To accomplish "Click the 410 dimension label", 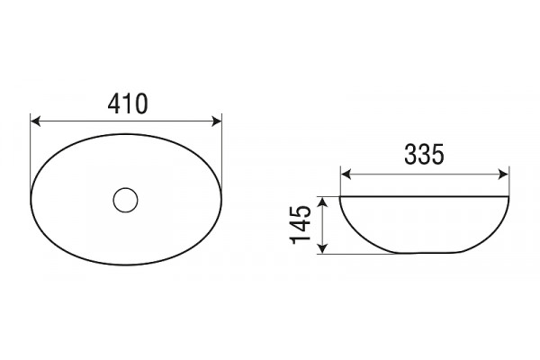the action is [x=128, y=103].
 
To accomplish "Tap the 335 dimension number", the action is [x=424, y=154].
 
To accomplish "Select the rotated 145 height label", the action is [x=301, y=225].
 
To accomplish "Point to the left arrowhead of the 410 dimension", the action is [x=35, y=121].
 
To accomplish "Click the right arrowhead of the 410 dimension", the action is [x=217, y=121].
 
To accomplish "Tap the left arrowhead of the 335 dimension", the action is [x=346, y=175].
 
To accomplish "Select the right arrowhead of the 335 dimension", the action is [x=503, y=175].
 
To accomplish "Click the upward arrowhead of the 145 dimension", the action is [x=322, y=202].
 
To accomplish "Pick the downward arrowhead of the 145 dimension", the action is [x=322, y=248].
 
